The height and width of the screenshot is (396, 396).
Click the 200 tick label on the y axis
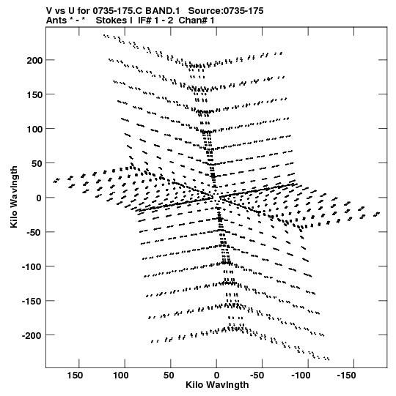(35, 60)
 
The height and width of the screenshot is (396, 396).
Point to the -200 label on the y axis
(32, 336)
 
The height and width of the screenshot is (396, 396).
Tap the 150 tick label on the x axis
(75, 376)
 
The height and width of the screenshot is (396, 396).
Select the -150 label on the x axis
(347, 376)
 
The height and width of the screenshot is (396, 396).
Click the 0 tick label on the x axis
(216, 376)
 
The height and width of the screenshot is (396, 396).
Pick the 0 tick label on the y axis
(39, 198)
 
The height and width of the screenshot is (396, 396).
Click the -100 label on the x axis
(301, 376)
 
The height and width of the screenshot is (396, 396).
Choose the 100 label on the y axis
(35, 130)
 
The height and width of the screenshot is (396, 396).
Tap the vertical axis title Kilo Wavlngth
(14, 197)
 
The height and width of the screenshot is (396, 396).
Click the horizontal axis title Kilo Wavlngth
(217, 385)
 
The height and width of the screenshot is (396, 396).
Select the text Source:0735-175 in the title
(226, 11)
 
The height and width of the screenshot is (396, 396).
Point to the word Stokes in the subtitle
(114, 20)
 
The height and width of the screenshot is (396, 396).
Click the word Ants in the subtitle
(56, 20)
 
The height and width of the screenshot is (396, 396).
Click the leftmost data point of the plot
(54, 182)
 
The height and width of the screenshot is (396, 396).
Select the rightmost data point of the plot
(379, 213)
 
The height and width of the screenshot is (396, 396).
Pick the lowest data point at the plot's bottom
(329, 359)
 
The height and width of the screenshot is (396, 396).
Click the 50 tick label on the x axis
(169, 376)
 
